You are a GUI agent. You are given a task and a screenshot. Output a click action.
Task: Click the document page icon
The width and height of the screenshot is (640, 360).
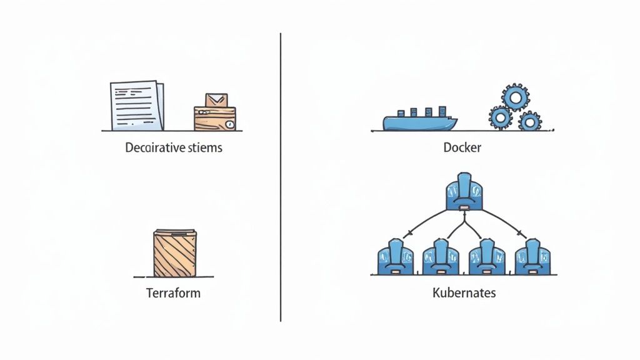click(x=136, y=104)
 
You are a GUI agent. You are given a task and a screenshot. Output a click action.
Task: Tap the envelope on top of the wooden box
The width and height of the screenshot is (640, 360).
click(x=216, y=100)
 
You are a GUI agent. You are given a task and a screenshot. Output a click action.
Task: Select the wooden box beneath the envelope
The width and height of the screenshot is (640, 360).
click(x=215, y=118)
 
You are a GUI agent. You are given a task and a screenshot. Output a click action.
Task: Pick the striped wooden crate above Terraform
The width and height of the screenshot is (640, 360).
click(x=175, y=252)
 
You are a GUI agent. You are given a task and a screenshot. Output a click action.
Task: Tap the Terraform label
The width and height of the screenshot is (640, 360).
click(x=173, y=292)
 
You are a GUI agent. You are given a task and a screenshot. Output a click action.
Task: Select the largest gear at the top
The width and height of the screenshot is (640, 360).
click(x=516, y=97)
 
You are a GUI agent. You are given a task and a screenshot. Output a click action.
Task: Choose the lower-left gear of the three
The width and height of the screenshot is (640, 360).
click(x=500, y=117)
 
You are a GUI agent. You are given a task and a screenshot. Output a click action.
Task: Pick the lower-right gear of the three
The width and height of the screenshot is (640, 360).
click(x=530, y=120)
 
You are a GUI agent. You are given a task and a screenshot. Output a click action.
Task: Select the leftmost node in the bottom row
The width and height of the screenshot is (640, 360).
click(x=394, y=257)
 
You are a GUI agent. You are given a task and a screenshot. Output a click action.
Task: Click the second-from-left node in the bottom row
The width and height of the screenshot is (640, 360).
click(x=441, y=257)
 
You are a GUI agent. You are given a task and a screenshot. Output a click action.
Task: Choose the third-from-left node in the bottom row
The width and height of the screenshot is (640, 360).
click(x=487, y=257)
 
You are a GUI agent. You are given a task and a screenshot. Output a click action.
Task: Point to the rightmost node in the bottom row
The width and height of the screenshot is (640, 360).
click(x=532, y=257)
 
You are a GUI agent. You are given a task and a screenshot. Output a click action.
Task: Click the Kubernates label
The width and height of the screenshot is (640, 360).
click(x=464, y=292)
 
